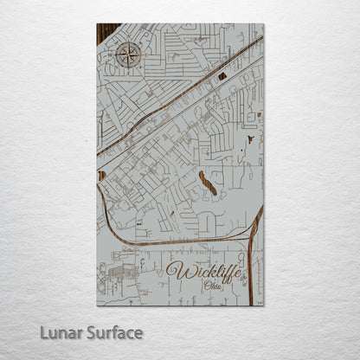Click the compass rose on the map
[128, 57]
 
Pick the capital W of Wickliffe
[175, 271]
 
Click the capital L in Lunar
[43, 332]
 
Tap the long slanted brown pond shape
[208, 183]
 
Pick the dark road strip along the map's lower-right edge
[252, 260]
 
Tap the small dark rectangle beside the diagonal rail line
[222, 76]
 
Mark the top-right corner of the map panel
[263, 24]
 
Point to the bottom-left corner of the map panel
[97, 305]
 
